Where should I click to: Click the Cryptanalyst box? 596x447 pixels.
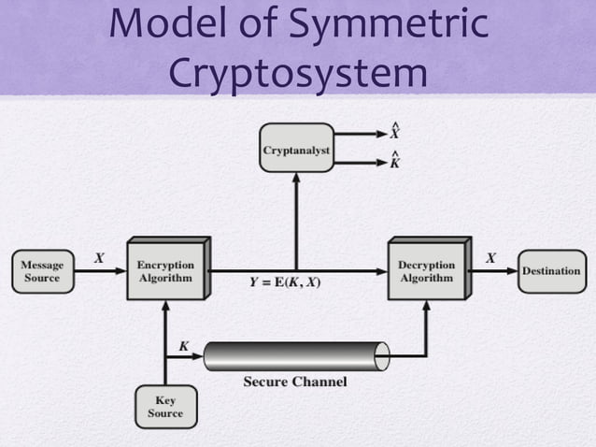click(296, 149)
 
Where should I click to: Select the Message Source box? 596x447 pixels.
click(42, 271)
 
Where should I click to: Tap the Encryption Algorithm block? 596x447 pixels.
click(165, 271)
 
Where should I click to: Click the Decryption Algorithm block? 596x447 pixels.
click(426, 271)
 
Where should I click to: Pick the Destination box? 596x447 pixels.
click(551, 271)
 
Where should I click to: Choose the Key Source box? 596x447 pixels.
click(165, 407)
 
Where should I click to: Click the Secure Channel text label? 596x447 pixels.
click(295, 382)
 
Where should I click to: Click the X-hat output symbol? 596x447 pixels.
click(396, 132)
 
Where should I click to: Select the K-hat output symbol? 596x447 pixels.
click(396, 162)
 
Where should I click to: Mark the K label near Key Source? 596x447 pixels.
click(183, 346)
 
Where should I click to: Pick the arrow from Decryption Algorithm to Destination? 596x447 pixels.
click(492, 271)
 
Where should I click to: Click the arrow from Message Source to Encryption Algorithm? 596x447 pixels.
click(101, 271)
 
